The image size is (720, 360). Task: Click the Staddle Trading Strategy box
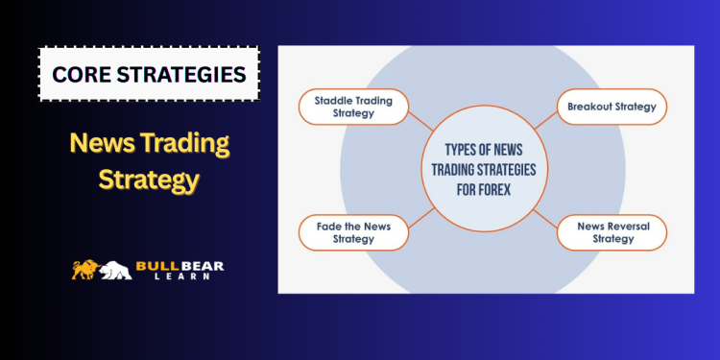(x=349, y=107)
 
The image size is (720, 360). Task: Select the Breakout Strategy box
(x=612, y=107)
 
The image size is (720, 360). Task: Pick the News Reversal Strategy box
(x=612, y=231)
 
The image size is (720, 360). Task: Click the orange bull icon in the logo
(x=87, y=270)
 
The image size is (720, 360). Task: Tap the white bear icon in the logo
(x=115, y=271)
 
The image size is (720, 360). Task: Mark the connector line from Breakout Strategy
(x=544, y=120)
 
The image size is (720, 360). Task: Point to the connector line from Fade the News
(x=420, y=216)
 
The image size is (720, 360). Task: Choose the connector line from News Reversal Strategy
(x=543, y=217)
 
